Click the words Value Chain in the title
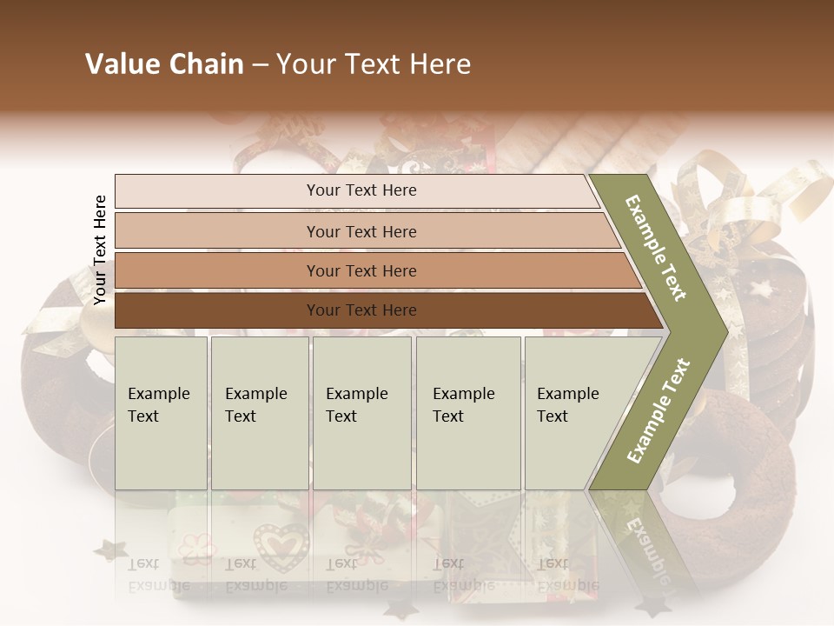(164, 64)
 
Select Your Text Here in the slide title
(374, 64)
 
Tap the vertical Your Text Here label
(100, 250)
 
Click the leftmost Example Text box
(161, 412)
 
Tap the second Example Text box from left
(259, 412)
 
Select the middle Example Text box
(361, 412)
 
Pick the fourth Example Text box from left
(467, 412)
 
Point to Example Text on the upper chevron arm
(656, 248)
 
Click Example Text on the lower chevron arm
(659, 410)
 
